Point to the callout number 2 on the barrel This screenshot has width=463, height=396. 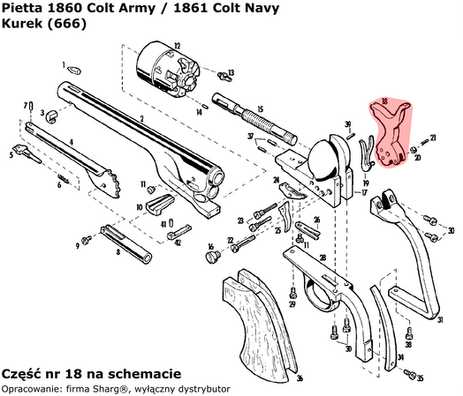(141, 117)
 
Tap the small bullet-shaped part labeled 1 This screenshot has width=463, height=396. (74, 67)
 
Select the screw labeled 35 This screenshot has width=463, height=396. (407, 375)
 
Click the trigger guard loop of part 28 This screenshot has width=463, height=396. (318, 293)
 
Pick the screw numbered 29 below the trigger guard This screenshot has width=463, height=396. (292, 294)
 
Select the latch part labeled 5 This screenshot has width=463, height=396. (21, 149)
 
